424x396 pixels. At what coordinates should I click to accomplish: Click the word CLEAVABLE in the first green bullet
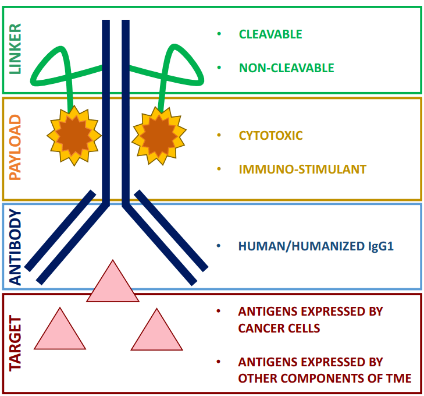tap(270, 34)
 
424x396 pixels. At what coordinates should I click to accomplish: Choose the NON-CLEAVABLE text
tap(286, 68)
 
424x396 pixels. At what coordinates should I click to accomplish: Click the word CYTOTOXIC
tap(270, 136)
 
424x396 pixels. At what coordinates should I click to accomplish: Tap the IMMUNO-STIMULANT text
tap(302, 169)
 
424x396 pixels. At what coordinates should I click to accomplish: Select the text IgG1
tap(381, 246)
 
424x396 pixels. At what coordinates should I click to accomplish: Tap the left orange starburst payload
tap(74, 135)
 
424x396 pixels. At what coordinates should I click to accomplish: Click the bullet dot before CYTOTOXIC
tap(219, 136)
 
